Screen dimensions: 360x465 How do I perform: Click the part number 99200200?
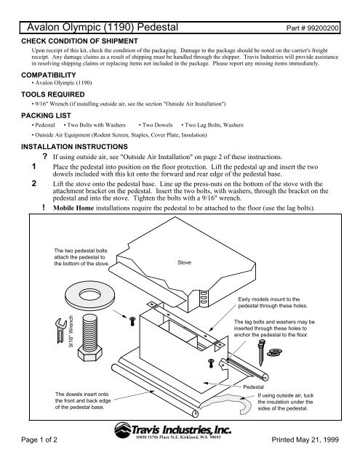323,28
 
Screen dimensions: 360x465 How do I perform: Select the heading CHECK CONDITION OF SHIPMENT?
79,41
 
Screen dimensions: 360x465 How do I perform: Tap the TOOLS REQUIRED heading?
53,94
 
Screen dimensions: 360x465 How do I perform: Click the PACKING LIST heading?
46,116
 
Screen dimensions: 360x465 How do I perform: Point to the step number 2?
34,184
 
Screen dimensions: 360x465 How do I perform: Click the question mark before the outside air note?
45,156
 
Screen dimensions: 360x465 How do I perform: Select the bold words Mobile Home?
73,208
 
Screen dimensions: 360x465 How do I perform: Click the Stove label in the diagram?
184,262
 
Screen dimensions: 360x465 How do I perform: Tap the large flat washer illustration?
89,296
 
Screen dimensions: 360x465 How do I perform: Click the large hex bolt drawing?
89,337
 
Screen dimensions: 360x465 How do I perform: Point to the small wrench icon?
60,331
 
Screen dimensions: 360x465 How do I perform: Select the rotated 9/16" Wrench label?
71,331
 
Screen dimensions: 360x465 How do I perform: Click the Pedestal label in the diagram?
253,387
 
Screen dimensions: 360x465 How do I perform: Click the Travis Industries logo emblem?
123,430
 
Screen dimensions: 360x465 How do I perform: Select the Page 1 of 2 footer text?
39,440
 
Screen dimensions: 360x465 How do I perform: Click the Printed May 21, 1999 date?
305,440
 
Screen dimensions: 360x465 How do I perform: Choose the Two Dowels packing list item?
157,125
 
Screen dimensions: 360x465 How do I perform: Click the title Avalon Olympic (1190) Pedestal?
103,28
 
